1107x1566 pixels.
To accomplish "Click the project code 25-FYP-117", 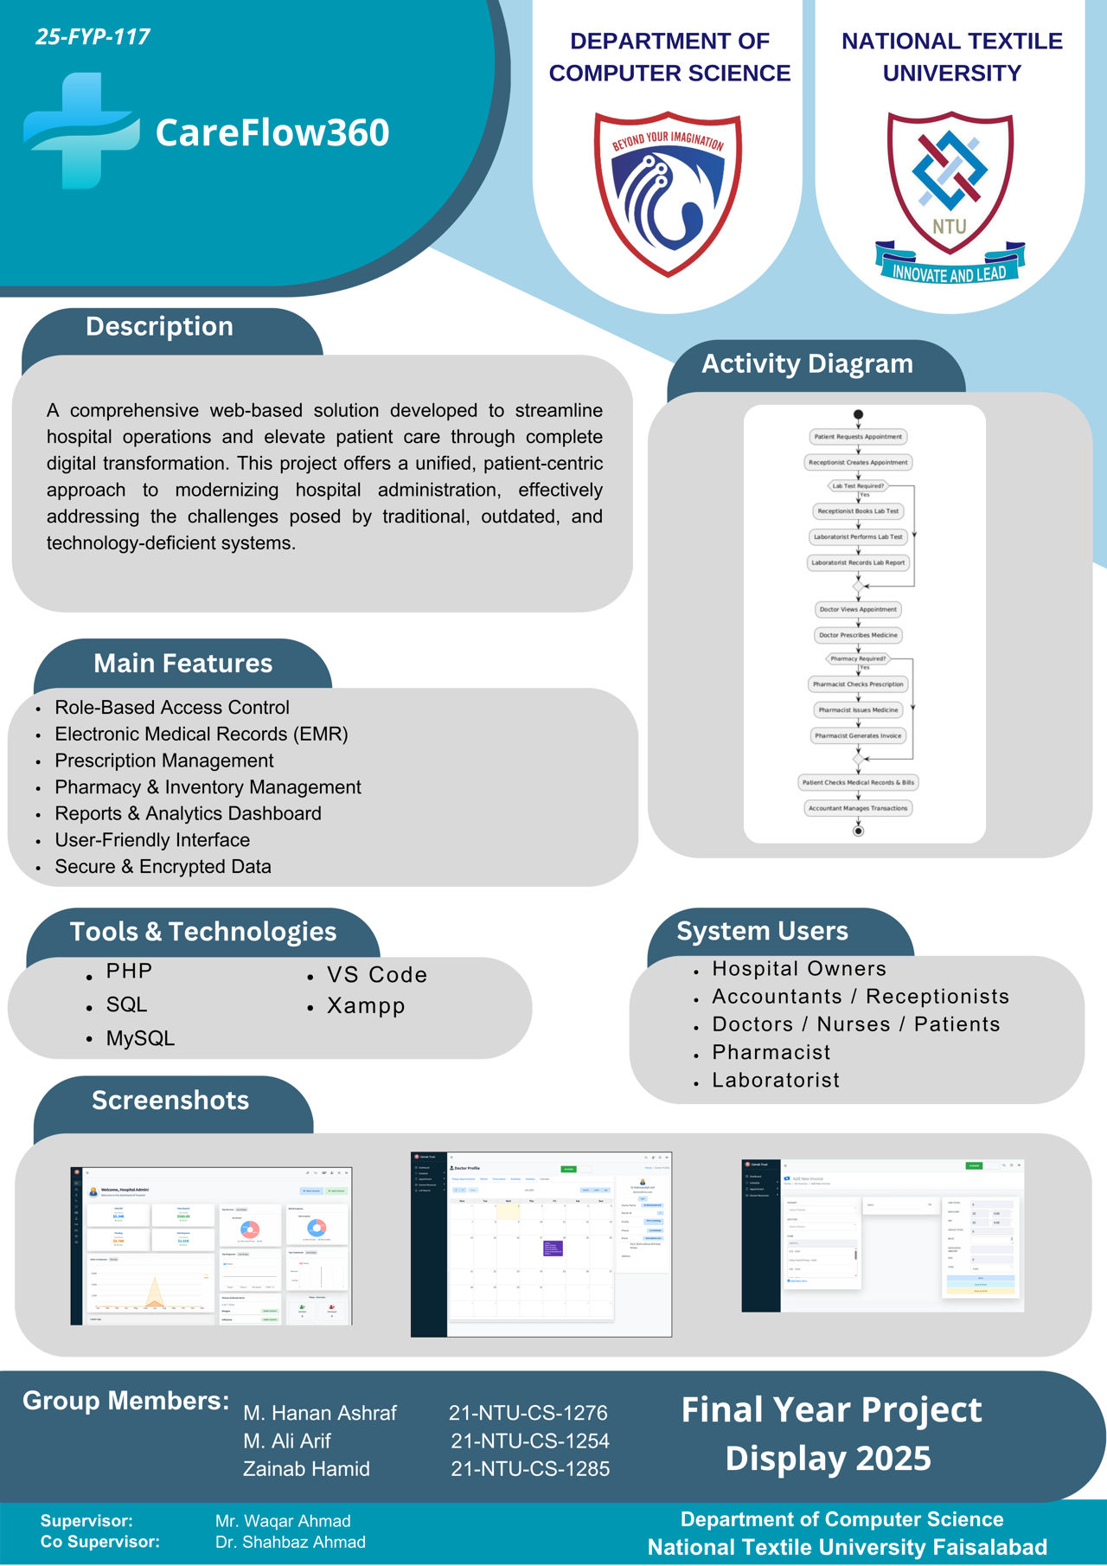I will click(x=93, y=37).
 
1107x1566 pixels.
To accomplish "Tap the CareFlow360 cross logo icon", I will click(x=80, y=131).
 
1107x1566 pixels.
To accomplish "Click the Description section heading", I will click(x=159, y=326).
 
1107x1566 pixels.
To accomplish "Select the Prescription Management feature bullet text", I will click(x=164, y=761).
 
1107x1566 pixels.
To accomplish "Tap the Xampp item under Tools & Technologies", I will click(x=366, y=1006).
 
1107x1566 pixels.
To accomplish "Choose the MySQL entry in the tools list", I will click(x=140, y=1038).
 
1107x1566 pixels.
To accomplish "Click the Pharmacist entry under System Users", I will click(x=771, y=1052).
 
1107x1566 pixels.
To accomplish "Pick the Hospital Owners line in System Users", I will click(x=799, y=969).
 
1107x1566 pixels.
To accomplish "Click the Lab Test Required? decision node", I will click(x=858, y=486).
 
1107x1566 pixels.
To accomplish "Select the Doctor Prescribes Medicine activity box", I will click(x=858, y=635).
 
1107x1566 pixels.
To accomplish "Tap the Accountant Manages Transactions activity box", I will click(x=858, y=808).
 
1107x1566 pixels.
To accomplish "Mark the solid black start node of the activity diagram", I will click(x=858, y=414).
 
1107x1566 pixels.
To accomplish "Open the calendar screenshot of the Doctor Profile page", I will click(x=541, y=1244).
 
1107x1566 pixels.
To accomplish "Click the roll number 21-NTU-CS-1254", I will click(x=529, y=1441).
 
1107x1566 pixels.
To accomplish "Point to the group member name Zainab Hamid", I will click(x=306, y=1469).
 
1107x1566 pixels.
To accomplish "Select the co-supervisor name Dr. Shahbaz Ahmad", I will click(x=291, y=1542).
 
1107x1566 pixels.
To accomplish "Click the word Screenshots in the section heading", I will click(x=170, y=1101).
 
